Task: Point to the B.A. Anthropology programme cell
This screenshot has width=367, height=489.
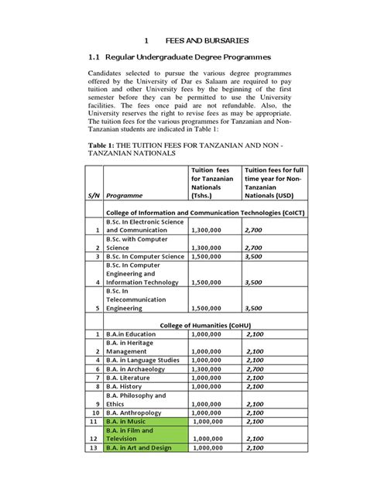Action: (x=135, y=413)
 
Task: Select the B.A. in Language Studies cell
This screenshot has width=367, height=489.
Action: (x=142, y=360)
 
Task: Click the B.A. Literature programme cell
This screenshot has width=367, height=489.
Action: (x=129, y=378)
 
